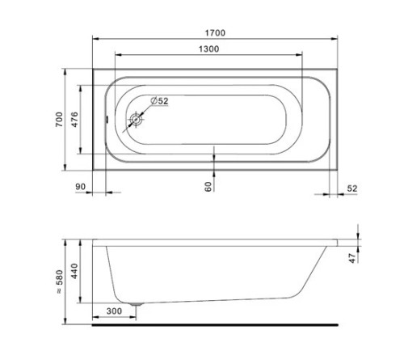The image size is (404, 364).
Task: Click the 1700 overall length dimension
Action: tap(215, 33)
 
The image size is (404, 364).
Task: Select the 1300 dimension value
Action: tap(208, 49)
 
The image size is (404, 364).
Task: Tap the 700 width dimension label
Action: tap(59, 120)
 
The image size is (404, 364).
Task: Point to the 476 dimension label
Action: tap(74, 120)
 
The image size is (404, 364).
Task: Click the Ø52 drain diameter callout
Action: tap(159, 101)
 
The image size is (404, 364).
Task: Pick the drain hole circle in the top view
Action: tap(136, 120)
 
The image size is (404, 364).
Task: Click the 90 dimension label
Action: tap(80, 187)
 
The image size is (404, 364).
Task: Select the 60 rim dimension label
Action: tap(208, 187)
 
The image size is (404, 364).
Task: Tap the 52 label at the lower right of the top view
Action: tap(352, 188)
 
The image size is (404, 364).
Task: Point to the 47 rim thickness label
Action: tap(352, 258)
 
